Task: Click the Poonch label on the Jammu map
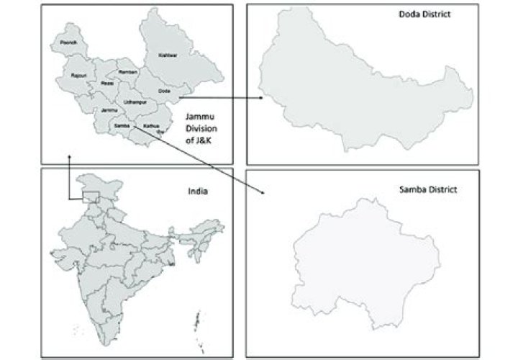click(68, 43)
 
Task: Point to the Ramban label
click(127, 73)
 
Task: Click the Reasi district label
click(107, 84)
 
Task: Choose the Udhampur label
click(135, 103)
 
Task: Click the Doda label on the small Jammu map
click(165, 91)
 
